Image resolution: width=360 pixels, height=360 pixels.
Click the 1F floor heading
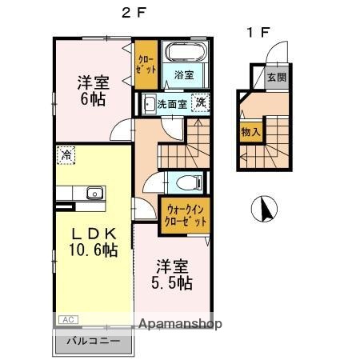pos(258,33)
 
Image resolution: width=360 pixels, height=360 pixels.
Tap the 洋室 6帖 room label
pos(93,90)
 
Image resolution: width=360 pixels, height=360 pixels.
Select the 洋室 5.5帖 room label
pos(173,273)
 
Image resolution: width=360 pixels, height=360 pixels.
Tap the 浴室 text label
pos(184,75)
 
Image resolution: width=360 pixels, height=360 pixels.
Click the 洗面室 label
pos(171,104)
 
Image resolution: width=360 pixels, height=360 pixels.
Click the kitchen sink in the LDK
pos(94,192)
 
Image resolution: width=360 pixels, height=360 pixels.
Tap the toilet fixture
pos(185,181)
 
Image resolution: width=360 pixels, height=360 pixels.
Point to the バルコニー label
pos(94,342)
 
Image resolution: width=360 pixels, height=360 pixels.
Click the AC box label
pos(69,320)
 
